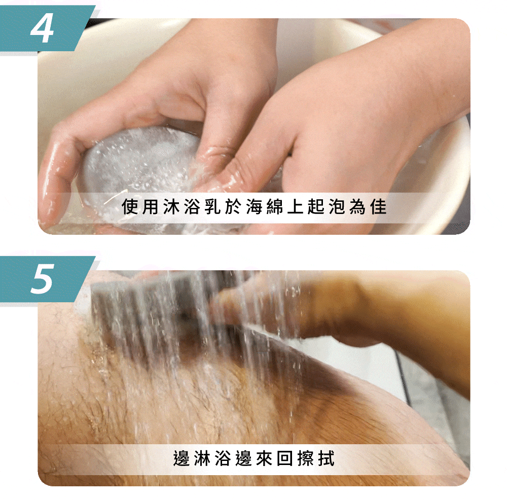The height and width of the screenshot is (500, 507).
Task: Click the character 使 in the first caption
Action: click(130, 207)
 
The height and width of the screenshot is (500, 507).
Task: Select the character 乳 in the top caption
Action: click(213, 207)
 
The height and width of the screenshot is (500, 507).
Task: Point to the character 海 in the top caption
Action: click(255, 207)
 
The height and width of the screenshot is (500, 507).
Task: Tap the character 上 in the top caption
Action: click(296, 207)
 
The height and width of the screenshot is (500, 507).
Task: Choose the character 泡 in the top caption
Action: click(337, 207)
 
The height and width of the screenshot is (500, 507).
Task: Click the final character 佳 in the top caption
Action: click(379, 207)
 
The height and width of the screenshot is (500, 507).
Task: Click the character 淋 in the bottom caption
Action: click(202, 458)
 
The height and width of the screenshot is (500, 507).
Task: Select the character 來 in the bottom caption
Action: click(265, 458)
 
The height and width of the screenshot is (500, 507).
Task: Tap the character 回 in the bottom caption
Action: click(285, 458)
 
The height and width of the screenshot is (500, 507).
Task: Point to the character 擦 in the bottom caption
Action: click(306, 458)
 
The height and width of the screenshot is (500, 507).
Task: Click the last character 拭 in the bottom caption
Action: click(326, 458)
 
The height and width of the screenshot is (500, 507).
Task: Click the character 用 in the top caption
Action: click(151, 207)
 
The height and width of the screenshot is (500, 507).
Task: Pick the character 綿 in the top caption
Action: click(275, 207)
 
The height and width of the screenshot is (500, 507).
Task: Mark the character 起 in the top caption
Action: click(316, 207)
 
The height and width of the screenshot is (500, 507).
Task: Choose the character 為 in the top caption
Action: click(357, 207)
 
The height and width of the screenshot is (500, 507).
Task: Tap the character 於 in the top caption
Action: click(233, 207)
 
